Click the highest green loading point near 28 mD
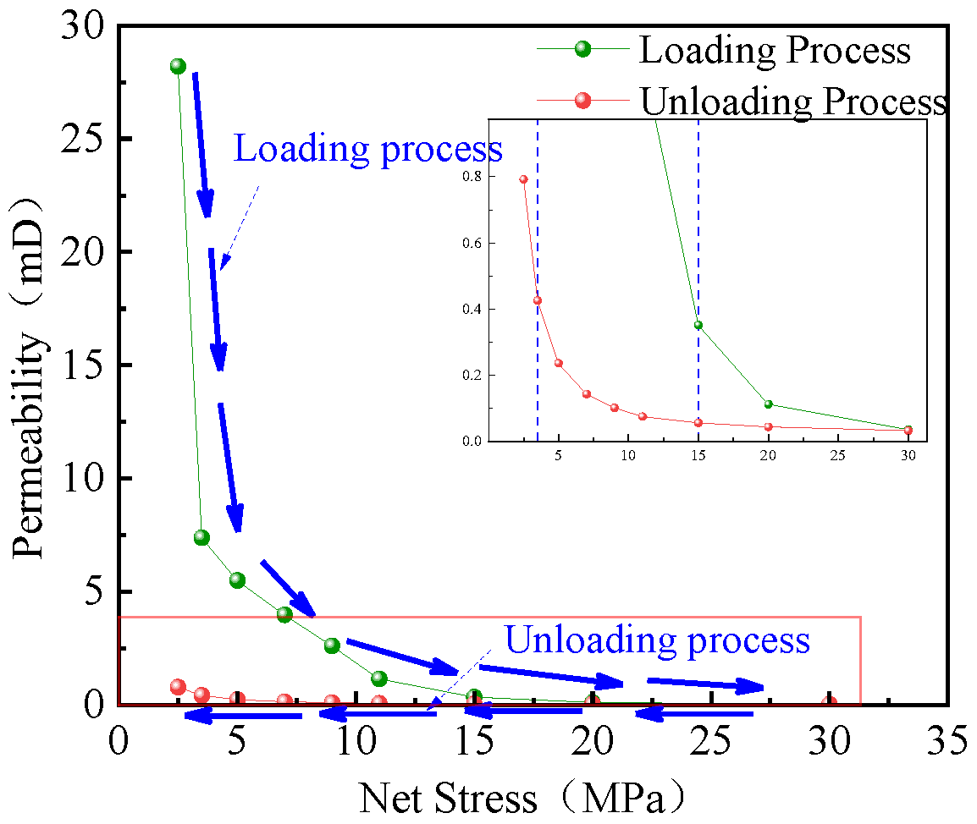[178, 66]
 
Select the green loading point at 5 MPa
[237, 580]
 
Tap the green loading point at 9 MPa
[332, 645]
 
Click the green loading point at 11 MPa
[379, 678]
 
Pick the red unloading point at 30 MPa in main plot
[829, 703]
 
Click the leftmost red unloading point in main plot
[178, 686]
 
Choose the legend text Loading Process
[775, 51]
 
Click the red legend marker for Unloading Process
[582, 101]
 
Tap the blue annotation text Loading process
[367, 149]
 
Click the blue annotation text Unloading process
[657, 640]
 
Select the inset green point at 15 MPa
[698, 325]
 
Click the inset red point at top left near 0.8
[523, 179]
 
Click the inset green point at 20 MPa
[768, 404]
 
